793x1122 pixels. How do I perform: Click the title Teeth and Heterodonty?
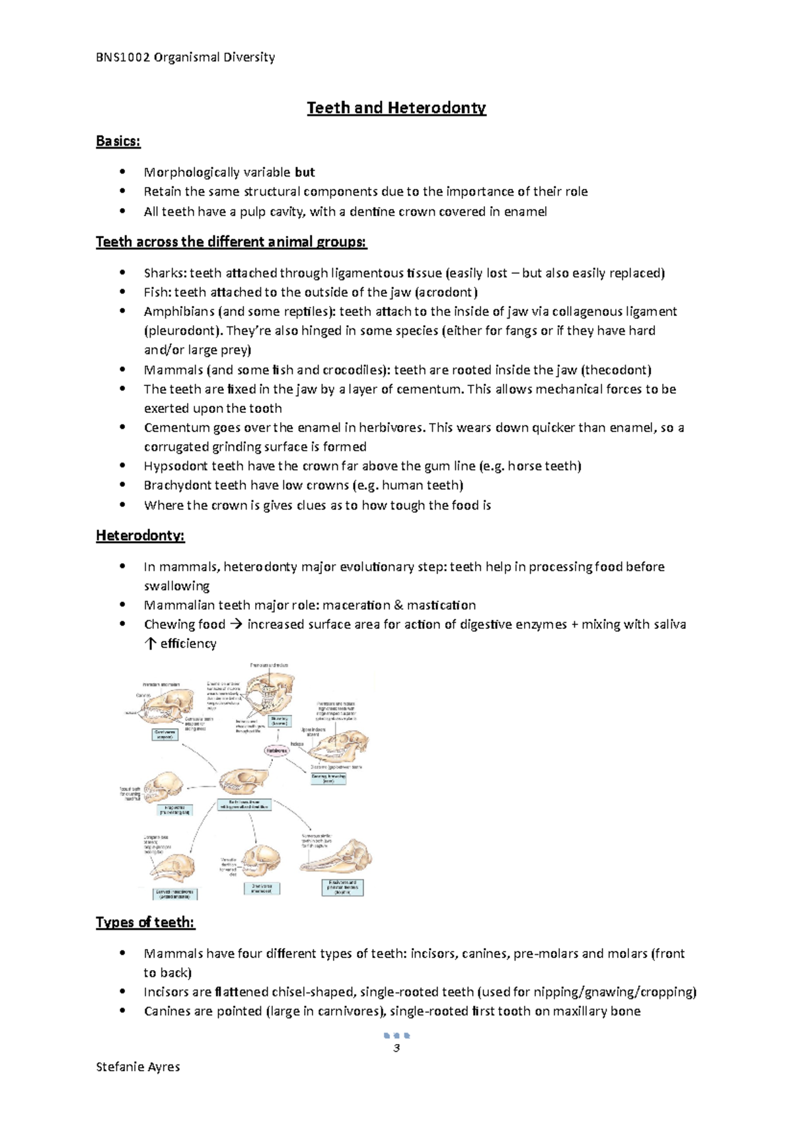tap(396, 108)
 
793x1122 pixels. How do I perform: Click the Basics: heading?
tap(118, 141)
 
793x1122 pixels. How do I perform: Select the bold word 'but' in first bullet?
tap(305, 172)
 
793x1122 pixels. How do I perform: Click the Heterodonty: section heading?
tap(140, 535)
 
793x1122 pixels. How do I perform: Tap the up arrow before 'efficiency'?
tap(150, 644)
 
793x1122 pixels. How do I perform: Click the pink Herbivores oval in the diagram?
tap(277, 751)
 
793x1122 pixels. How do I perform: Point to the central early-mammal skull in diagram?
tap(244, 782)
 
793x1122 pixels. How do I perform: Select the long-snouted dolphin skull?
tap(337, 858)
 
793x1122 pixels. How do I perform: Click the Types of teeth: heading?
tap(145, 922)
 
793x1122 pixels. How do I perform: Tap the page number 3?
tap(397, 1049)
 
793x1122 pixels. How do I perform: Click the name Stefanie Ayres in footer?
tap(137, 1066)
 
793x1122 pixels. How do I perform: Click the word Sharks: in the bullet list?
tap(165, 273)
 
